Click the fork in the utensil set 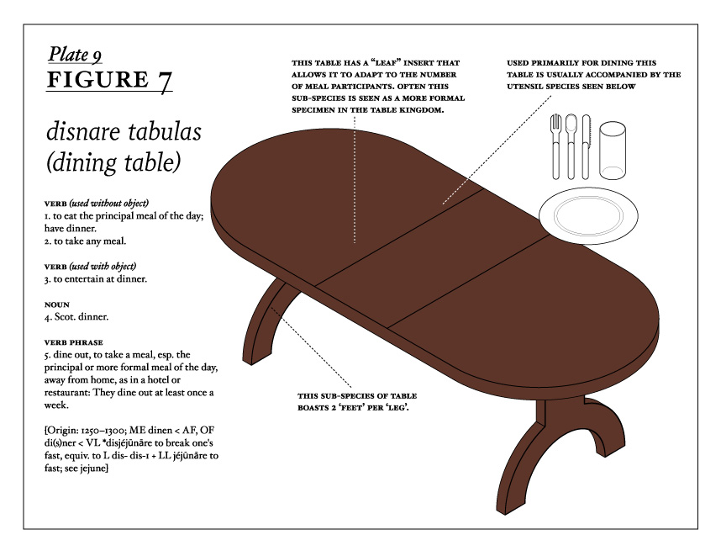[x=556, y=146]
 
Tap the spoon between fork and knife [x=571, y=146]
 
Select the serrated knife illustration [x=586, y=146]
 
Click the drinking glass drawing [x=612, y=150]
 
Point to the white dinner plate [x=588, y=215]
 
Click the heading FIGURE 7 [x=109, y=80]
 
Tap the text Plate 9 [x=75, y=55]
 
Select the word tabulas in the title [x=163, y=131]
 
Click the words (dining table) [x=113, y=163]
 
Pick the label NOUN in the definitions [x=57, y=304]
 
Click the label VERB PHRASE [x=74, y=342]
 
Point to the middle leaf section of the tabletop [x=432, y=257]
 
